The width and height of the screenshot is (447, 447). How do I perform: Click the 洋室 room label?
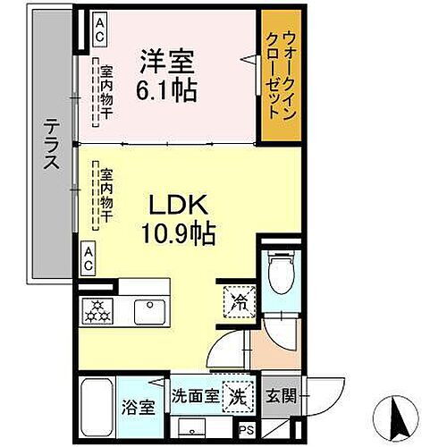click(x=167, y=64)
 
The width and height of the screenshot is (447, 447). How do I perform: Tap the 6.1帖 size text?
click(x=167, y=89)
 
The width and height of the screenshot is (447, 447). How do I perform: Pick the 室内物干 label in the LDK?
click(x=106, y=195)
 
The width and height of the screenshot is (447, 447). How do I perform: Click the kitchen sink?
click(x=147, y=312)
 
